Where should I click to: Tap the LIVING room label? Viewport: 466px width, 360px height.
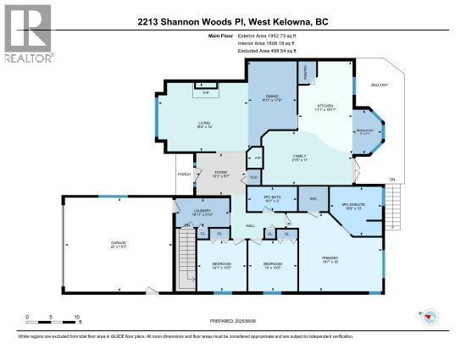204,124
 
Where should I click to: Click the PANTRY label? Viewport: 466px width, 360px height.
305,74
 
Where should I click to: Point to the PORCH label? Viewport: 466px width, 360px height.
184,174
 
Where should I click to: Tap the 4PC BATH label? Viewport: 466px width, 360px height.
271,199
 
